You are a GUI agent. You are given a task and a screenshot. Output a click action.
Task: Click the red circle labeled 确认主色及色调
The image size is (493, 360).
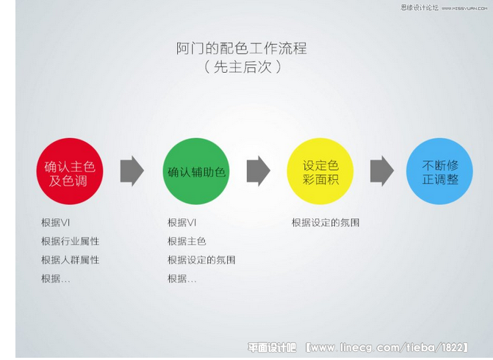70,171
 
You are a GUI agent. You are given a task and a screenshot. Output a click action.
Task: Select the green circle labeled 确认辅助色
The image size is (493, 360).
196,171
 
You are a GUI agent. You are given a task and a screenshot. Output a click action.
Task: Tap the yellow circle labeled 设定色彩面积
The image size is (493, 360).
320,171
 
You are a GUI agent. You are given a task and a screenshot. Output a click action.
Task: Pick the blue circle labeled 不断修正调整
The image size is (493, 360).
439,171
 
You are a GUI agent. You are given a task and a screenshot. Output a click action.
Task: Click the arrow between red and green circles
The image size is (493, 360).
132,171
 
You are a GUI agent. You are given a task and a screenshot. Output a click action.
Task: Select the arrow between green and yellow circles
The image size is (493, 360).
259,171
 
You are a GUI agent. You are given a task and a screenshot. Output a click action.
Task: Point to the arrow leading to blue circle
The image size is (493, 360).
382,171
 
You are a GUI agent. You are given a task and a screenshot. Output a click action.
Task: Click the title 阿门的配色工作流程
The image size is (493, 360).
241,48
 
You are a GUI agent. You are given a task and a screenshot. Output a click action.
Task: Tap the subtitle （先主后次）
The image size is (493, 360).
242,67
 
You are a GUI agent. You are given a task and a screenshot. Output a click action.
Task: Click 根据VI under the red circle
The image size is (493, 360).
55,223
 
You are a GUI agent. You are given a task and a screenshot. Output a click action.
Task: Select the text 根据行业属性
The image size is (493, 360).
70,241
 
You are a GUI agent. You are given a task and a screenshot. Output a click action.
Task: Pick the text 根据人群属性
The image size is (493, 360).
70,259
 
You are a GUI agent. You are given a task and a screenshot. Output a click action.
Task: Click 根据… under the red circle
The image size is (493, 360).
56,278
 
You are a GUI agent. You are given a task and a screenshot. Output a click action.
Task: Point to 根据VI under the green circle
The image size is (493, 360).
181,223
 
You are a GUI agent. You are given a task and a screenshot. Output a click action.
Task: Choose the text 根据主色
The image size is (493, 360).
187,241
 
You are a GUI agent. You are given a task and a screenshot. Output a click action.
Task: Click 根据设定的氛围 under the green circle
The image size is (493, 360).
201,259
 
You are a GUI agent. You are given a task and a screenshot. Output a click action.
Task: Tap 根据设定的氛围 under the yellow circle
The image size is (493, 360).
325,223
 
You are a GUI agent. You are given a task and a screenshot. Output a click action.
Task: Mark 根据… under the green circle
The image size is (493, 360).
182,278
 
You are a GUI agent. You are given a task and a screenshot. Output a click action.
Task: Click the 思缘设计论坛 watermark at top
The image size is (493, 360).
420,7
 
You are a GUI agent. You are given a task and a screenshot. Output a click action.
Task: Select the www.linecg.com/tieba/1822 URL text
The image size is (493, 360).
386,348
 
